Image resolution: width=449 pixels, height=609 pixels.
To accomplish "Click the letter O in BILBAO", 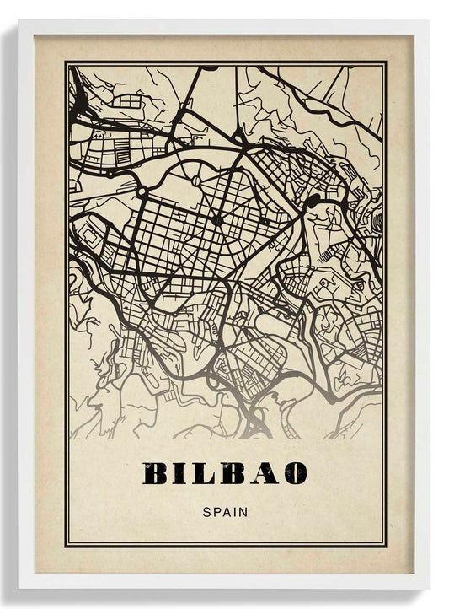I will coord(291,473).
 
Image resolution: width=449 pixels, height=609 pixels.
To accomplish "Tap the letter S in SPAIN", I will coord(207,510).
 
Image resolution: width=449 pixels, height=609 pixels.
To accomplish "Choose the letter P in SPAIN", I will coord(216,510).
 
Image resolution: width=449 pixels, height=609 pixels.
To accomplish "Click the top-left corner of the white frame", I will coord(19,21).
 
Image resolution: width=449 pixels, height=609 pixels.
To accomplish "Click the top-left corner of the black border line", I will coord(66,62).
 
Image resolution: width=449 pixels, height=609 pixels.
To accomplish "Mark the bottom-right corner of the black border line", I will coord(385,546).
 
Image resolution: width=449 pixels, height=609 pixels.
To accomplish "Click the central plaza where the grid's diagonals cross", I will coord(216,220).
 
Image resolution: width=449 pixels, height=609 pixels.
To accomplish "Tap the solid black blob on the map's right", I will coord(313,200).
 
